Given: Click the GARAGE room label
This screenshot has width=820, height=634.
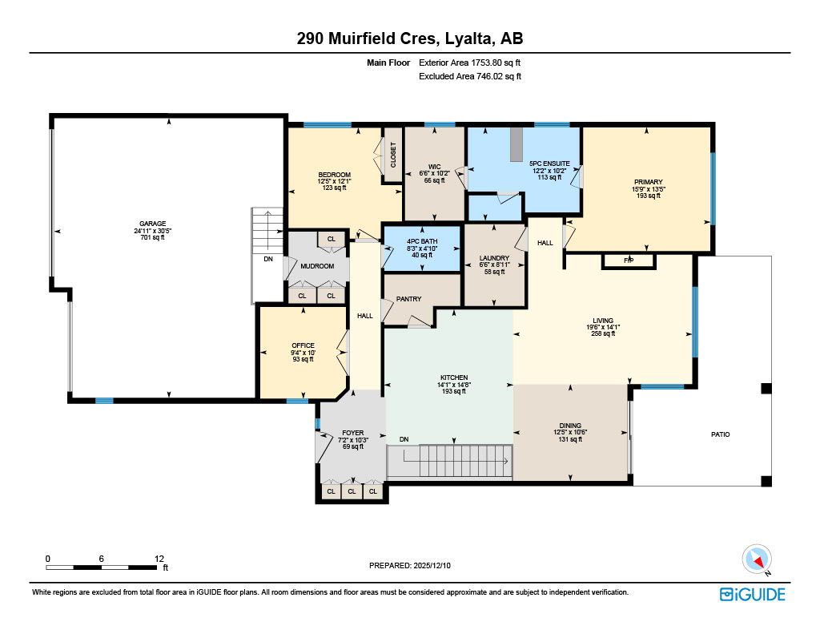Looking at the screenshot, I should tap(149, 224).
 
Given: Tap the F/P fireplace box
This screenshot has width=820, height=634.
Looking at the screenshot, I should tap(629, 260).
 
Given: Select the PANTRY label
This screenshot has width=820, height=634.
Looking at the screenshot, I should tap(409, 299).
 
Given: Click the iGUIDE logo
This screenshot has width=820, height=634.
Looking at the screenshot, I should tap(752, 594).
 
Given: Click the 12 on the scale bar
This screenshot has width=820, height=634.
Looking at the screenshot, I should tap(159, 558).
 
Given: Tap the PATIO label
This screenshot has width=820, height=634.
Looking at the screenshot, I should tap(721, 434).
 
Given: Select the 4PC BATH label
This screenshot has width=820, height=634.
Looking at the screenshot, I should tap(421, 241).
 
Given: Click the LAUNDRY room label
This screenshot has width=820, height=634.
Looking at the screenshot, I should tap(494, 258).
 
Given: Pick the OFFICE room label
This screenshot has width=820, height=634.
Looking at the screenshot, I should tap(303, 345).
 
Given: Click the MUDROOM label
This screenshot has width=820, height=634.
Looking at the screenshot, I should tap(317, 266).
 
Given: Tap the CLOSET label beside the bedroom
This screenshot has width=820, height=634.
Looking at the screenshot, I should tap(393, 154).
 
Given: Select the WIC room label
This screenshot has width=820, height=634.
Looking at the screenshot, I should tap(434, 167).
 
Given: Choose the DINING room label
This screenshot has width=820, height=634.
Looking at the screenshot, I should tap(570, 426).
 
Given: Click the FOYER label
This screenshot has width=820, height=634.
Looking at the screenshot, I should tap(353, 432).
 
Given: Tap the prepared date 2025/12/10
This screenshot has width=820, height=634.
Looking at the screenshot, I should tap(410, 565).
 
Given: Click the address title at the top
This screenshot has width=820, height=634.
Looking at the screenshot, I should tap(410, 38).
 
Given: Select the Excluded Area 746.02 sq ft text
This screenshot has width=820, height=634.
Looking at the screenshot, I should tap(470, 77).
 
